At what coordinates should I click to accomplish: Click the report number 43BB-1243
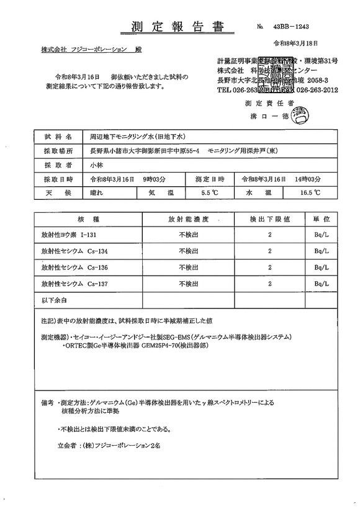point(295,27)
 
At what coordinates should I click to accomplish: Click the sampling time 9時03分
point(155,179)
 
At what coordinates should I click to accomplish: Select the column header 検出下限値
point(266,220)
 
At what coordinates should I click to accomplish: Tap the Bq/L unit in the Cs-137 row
point(322,284)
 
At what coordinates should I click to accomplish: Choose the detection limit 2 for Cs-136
point(269,268)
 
